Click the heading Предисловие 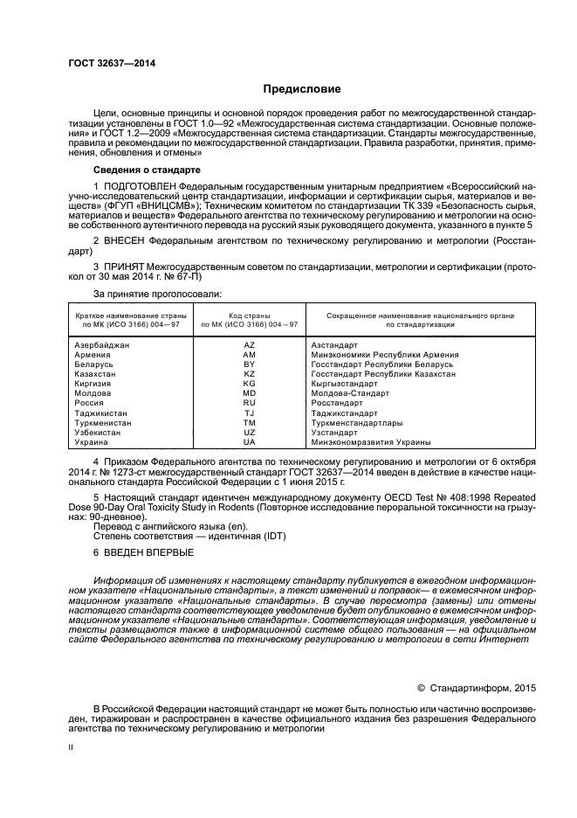coord(302,89)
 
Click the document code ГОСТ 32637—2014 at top coord(106,63)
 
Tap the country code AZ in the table coord(249,345)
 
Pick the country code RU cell coord(249,403)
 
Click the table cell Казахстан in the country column coord(100,374)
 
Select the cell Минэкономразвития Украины coord(369,442)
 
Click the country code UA coord(249,442)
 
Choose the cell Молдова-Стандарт coord(348,393)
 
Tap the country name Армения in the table coord(93,355)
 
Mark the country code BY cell coord(249,364)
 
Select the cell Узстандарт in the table coord(335,432)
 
